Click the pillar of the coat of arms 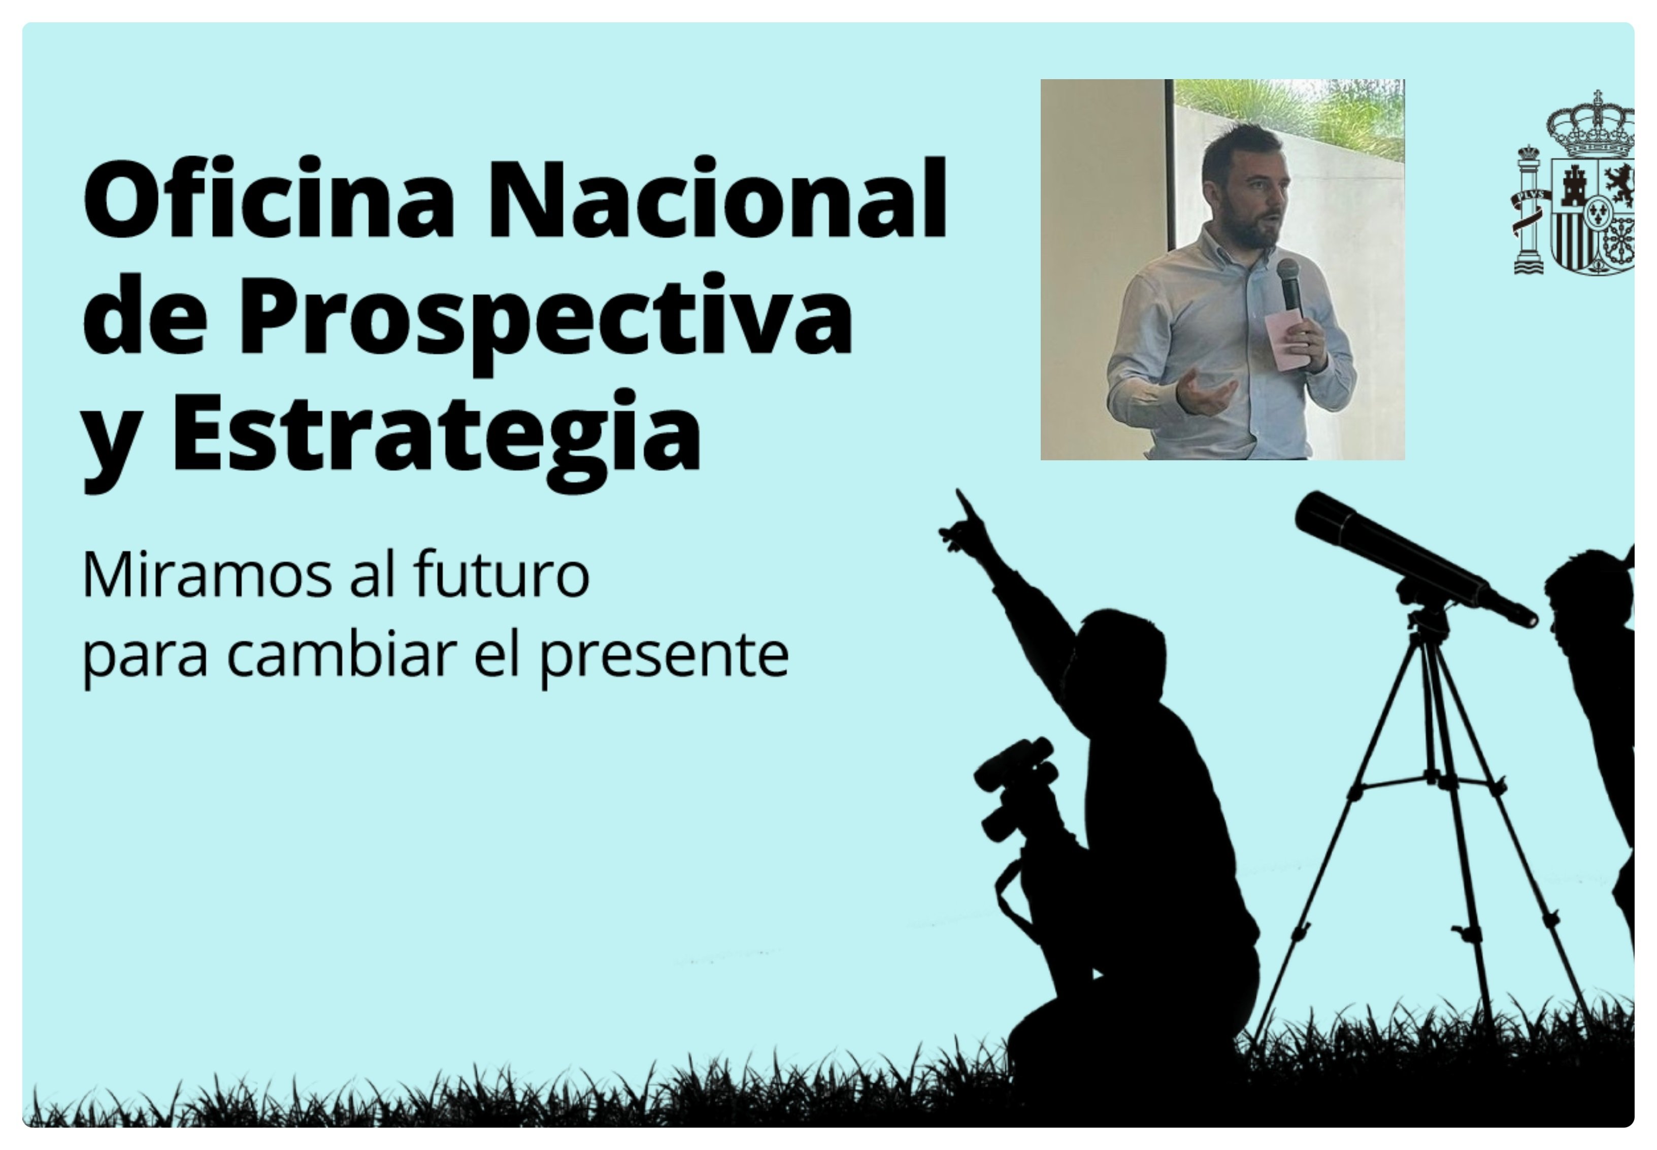[1528, 213]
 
